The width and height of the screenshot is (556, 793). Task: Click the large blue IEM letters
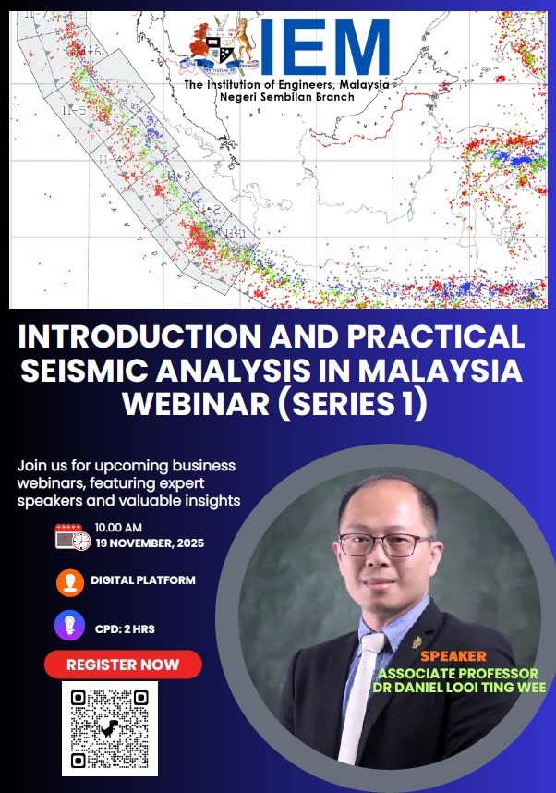click(323, 48)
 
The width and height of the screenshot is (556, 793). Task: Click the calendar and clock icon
click(72, 536)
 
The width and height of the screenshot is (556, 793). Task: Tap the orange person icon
click(69, 582)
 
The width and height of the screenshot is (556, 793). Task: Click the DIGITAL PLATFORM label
click(143, 580)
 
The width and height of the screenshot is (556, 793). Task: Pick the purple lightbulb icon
click(69, 626)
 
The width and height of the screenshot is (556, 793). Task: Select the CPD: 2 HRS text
click(125, 628)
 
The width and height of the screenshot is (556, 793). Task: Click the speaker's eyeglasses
click(385, 544)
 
